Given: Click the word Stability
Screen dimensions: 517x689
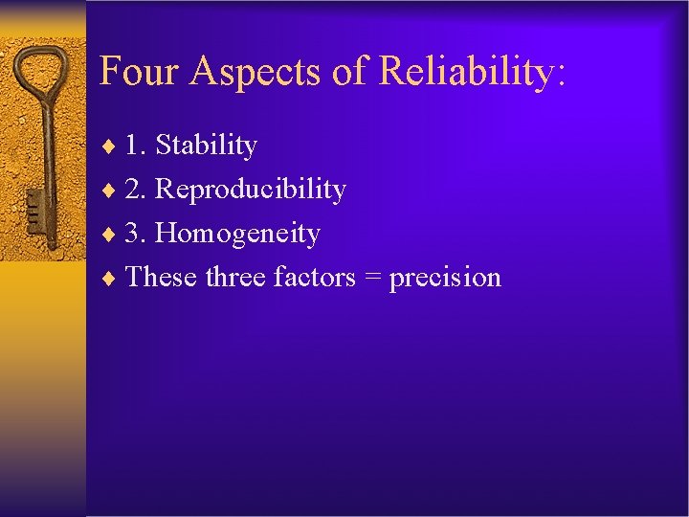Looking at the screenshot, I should [x=206, y=146].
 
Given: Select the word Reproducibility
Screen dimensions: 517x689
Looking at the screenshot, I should [x=250, y=190].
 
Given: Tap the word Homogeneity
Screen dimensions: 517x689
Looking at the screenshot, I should [x=237, y=234].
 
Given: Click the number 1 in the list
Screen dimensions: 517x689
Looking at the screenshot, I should [x=135, y=146].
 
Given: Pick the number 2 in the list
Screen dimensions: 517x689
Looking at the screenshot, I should [x=135, y=190].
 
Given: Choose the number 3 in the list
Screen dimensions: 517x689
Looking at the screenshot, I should [x=135, y=234].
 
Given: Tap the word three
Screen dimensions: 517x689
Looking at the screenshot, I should [x=235, y=278].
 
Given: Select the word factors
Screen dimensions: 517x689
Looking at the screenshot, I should [x=313, y=278].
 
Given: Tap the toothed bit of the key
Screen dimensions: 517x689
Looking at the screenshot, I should [x=35, y=209].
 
